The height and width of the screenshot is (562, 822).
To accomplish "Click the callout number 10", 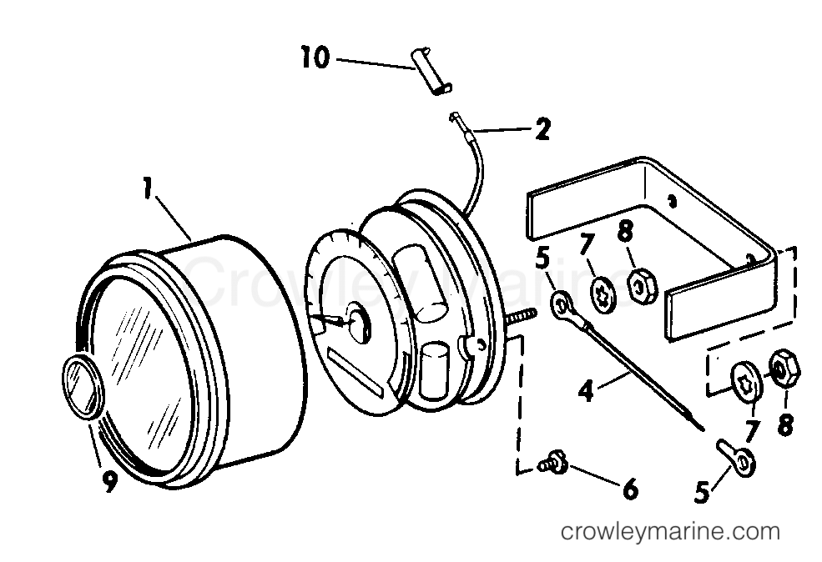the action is pyautogui.click(x=315, y=58).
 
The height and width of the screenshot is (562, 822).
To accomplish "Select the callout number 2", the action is pyautogui.click(x=542, y=129).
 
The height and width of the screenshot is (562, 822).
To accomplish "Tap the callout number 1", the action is pyautogui.click(x=148, y=188).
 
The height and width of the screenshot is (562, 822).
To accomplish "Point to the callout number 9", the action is pyautogui.click(x=109, y=481).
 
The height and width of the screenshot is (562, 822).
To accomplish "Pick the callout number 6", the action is pyautogui.click(x=629, y=489).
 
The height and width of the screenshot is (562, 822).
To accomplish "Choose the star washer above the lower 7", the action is pyautogui.click(x=747, y=382).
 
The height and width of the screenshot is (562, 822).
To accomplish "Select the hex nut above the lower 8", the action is pyautogui.click(x=784, y=369).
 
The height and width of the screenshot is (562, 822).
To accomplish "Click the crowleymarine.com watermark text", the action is pyautogui.click(x=670, y=531).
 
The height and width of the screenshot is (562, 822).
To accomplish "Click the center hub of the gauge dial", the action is pyautogui.click(x=358, y=323).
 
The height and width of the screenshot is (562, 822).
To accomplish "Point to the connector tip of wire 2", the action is pyautogui.click(x=455, y=118).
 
